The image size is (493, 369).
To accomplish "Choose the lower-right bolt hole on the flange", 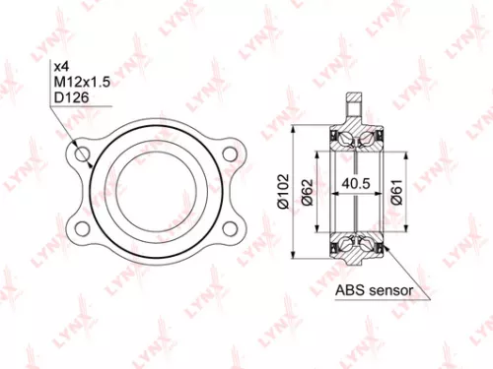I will (x=232, y=229).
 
